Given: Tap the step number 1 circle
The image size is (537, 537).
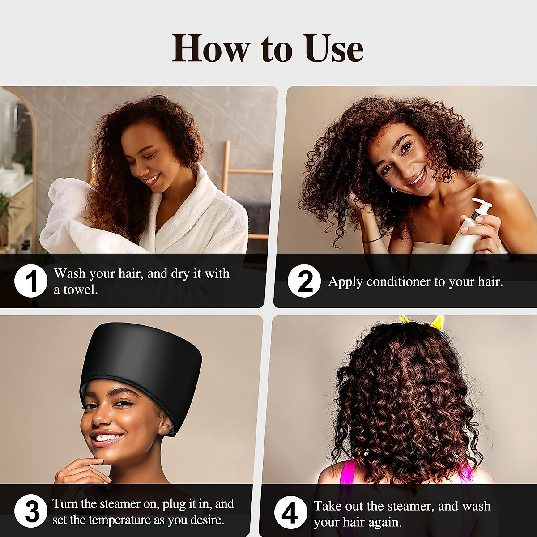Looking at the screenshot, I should point(30,281).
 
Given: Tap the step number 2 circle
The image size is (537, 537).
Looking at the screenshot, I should point(304,281).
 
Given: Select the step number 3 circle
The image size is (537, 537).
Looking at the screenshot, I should point(30,512).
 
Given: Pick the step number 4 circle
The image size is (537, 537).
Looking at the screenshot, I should point(290,514).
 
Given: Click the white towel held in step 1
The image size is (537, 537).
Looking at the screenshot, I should point(67,215).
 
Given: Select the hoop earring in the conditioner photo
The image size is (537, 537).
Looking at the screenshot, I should point(394,190).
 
